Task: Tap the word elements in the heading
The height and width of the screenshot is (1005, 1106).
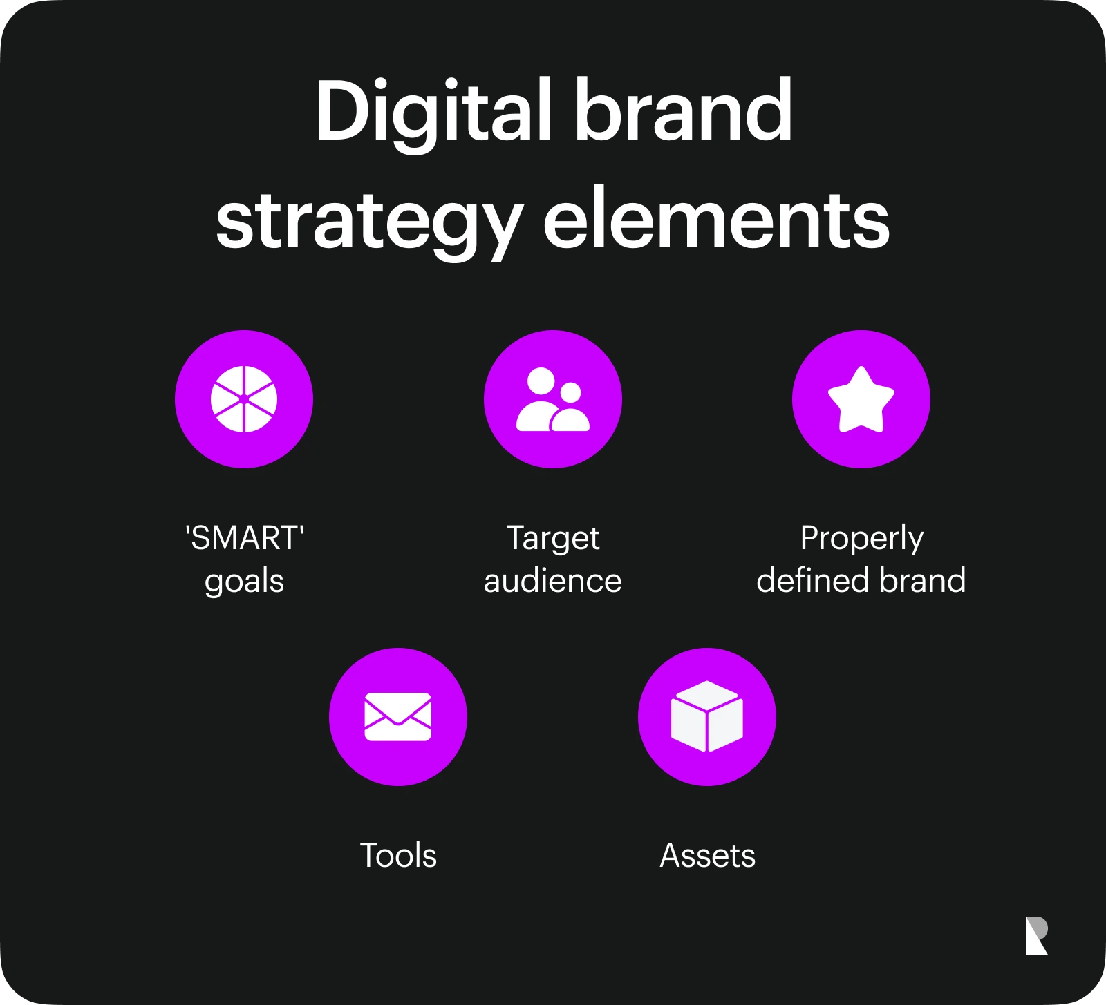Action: coord(716,220)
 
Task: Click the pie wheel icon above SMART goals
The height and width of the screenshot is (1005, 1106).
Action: coord(244,399)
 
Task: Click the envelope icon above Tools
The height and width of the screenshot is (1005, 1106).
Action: coord(398,717)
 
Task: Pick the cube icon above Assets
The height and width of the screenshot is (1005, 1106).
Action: coord(707,716)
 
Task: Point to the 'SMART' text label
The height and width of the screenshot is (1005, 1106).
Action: coord(245,538)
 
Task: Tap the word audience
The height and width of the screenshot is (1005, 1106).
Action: coord(553,580)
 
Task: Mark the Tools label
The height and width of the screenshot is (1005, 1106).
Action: coord(398,856)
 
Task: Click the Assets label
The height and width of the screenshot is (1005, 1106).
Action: coord(708,856)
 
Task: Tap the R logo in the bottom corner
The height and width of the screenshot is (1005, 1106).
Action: coord(1036,936)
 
